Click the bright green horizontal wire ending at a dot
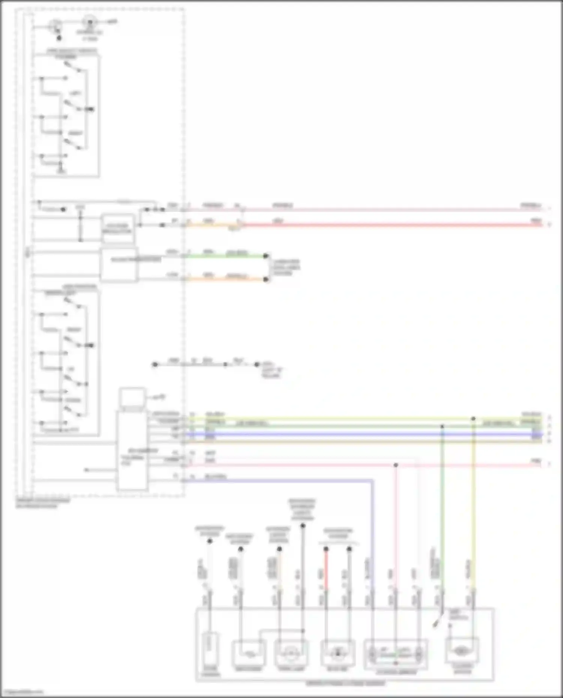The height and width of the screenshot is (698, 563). click(x=225, y=257)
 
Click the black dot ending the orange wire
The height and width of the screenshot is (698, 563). click(x=266, y=280)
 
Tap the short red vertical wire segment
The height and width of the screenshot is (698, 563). click(x=326, y=570)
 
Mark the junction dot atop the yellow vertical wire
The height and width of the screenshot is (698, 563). click(x=473, y=419)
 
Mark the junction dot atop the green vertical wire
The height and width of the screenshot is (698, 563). click(x=442, y=426)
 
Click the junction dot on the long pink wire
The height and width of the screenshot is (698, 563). click(x=396, y=465)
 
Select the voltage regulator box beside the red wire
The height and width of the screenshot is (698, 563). click(x=118, y=228)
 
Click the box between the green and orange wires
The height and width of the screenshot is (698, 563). click(x=119, y=265)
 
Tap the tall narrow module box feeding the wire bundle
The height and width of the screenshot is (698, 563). click(x=132, y=450)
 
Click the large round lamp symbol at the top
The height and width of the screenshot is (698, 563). click(x=90, y=22)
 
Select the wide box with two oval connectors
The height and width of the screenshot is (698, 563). click(x=396, y=654)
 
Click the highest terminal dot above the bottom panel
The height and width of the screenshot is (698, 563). click(x=303, y=526)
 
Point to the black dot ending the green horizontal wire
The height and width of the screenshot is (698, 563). click(x=266, y=256)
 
